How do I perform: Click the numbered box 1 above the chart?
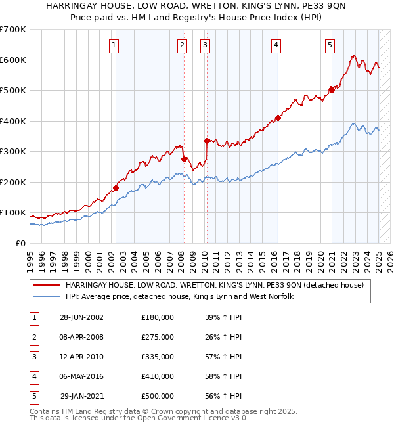click(114, 45)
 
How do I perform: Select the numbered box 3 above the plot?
click(206, 45)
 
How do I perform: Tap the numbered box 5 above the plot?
click(330, 45)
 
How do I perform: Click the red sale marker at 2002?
click(116, 188)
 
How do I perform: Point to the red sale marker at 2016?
click(278, 118)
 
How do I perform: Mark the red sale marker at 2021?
click(332, 91)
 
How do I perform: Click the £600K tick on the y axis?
click(13, 60)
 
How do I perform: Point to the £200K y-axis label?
click(13, 182)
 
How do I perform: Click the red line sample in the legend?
click(46, 286)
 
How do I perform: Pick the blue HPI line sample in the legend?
click(46, 297)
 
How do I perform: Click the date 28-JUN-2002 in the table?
click(81, 317)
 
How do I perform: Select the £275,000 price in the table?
click(158, 337)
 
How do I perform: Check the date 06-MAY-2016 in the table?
click(81, 376)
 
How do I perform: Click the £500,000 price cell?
click(158, 396)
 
